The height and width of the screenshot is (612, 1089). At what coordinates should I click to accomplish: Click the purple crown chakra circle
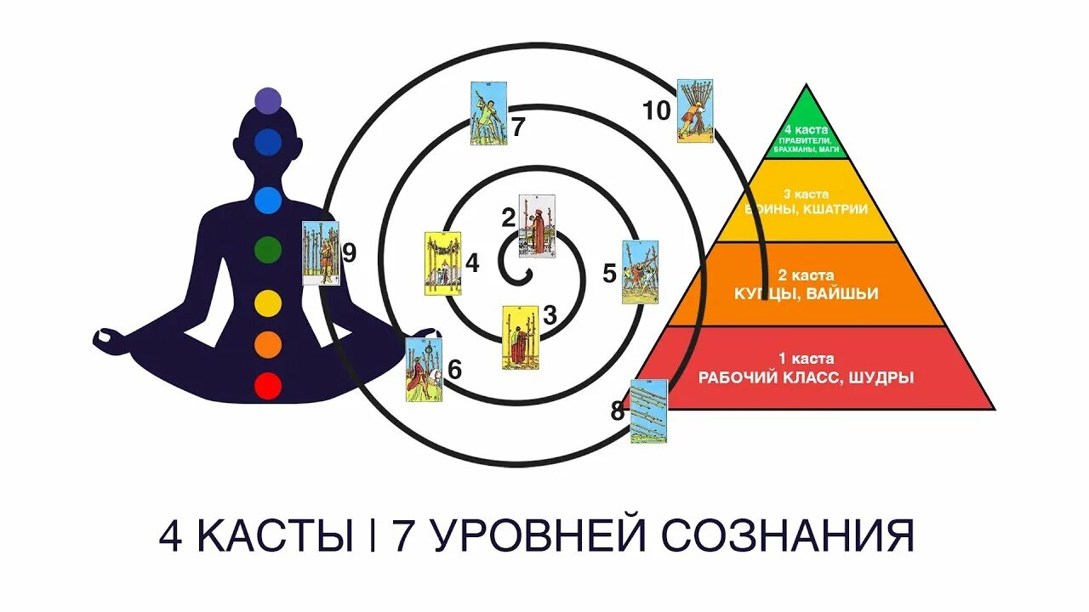[x=268, y=100]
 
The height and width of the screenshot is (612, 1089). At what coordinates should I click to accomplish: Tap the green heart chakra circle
[x=268, y=249]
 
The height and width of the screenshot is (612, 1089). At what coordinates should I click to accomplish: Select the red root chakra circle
[x=268, y=387]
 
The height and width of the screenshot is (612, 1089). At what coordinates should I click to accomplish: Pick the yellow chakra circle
[x=268, y=302]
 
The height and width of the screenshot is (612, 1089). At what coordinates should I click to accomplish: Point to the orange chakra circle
[x=268, y=343]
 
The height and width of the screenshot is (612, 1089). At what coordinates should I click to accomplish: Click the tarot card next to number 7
[x=488, y=112]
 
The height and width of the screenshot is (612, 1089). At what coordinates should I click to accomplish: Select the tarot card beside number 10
[x=694, y=110]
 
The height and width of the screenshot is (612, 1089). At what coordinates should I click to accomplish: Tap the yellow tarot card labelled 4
[x=442, y=263]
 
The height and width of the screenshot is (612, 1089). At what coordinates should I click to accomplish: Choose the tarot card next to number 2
[x=537, y=224]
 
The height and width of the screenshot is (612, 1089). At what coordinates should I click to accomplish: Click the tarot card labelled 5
[x=640, y=272]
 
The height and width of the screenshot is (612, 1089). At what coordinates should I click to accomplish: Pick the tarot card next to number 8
[x=649, y=411]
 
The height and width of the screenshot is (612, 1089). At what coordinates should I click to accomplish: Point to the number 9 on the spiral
[x=348, y=252]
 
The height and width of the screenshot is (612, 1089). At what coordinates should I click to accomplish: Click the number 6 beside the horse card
[x=454, y=370]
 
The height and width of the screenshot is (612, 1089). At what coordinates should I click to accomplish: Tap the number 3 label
[x=550, y=315]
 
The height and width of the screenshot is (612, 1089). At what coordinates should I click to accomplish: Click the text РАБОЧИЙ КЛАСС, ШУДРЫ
[x=806, y=378]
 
